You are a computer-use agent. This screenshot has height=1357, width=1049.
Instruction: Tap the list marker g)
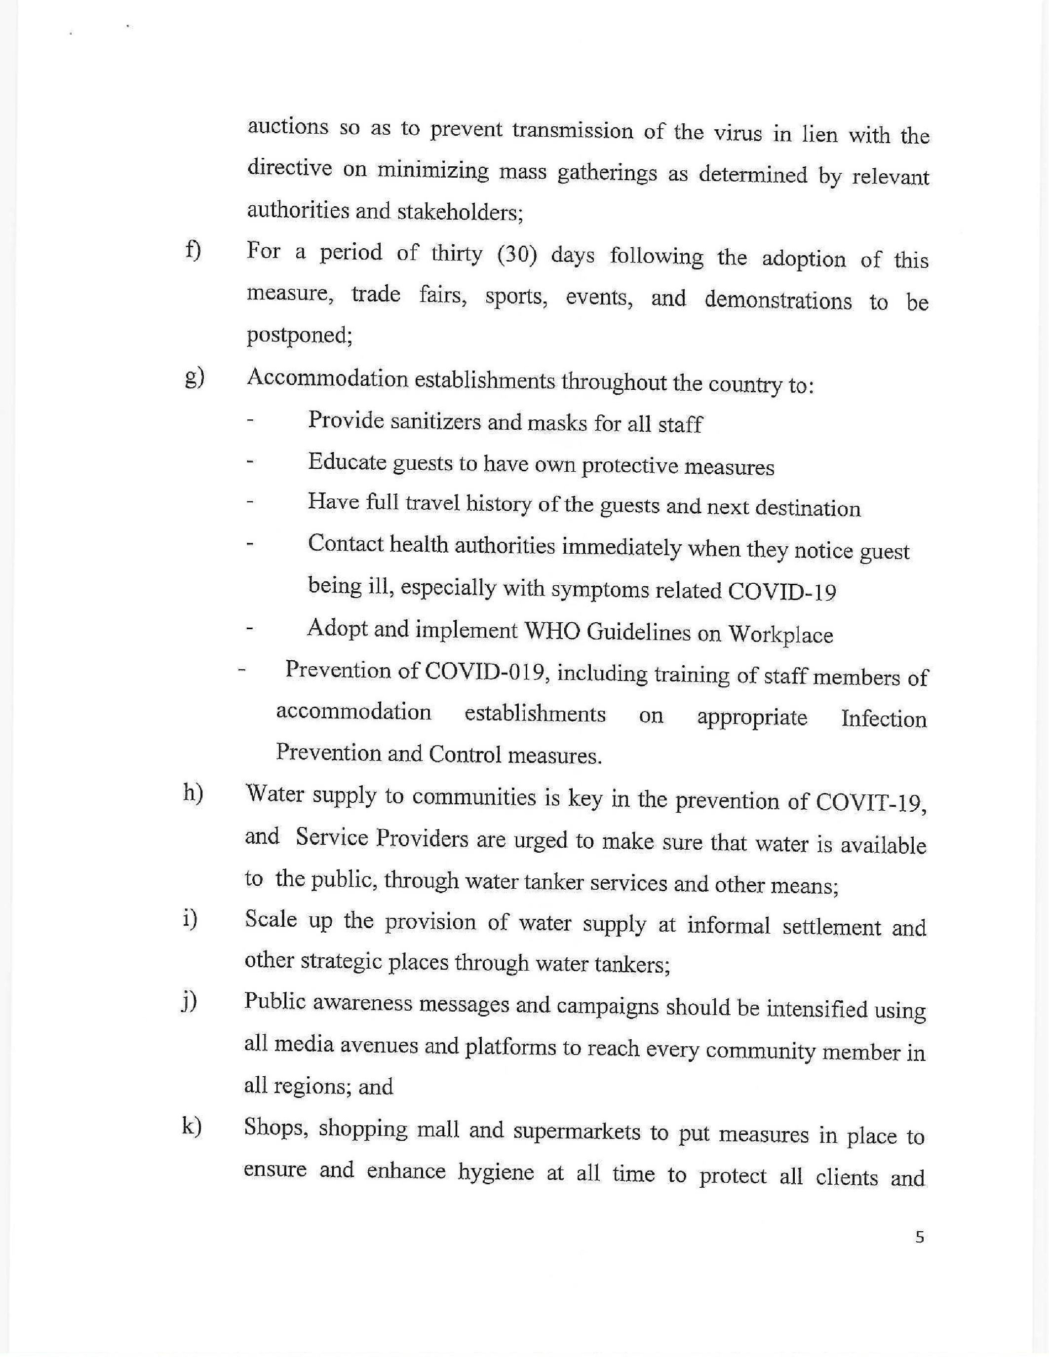(x=194, y=378)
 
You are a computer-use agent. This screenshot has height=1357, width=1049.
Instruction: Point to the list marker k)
(x=192, y=1127)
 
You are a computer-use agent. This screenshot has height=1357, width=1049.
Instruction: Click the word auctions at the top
(x=288, y=127)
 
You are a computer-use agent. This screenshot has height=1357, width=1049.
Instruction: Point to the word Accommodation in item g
(x=327, y=378)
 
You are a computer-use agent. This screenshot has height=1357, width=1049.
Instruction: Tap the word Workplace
(x=780, y=635)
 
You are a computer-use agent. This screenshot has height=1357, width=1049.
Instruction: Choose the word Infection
(x=883, y=719)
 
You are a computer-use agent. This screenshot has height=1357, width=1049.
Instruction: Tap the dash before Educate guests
(x=250, y=462)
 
